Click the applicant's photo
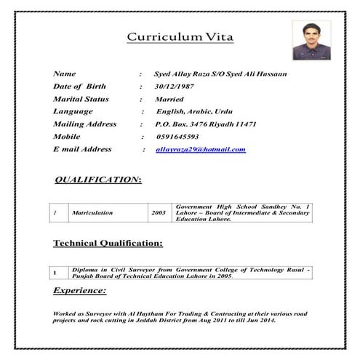(x=311, y=39)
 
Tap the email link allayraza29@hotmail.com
(x=200, y=149)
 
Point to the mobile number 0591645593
(x=177, y=137)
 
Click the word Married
(x=169, y=99)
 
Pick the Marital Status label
(x=81, y=99)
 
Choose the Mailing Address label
(x=84, y=124)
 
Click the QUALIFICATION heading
(x=98, y=178)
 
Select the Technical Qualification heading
(x=108, y=243)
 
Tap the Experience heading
(x=79, y=291)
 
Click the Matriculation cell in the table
(x=92, y=213)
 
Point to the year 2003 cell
(x=159, y=213)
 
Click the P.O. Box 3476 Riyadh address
(x=205, y=124)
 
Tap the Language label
(x=73, y=111)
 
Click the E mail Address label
(x=82, y=149)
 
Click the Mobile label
(x=67, y=137)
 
